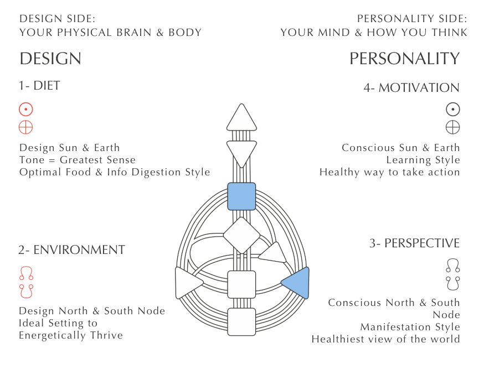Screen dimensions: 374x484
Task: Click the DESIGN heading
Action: [x=50, y=59]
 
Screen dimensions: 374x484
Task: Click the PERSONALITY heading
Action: [x=404, y=59]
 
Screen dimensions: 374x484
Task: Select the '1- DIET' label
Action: [x=39, y=86]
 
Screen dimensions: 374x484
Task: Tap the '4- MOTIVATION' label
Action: [x=411, y=88]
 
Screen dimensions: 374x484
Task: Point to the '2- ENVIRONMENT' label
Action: [x=71, y=250]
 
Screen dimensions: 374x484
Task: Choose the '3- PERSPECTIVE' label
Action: [x=415, y=243]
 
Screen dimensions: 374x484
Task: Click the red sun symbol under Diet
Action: [x=26, y=109]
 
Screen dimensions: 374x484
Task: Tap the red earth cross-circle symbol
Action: [x=26, y=127]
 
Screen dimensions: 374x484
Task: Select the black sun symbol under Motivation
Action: [x=453, y=110]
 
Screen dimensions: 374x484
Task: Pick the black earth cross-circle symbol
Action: [x=453, y=127]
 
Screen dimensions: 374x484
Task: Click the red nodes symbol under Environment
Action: [x=26, y=281]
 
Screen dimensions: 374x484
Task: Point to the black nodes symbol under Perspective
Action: [x=453, y=274]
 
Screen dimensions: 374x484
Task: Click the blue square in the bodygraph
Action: [x=241, y=196]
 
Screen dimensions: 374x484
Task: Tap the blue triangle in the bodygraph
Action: [x=297, y=282]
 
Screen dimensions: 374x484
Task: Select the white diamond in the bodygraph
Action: [x=241, y=236]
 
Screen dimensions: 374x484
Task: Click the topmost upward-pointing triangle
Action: [x=241, y=118]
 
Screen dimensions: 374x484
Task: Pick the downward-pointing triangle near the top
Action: [x=241, y=151]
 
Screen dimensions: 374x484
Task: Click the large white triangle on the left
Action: [x=187, y=282]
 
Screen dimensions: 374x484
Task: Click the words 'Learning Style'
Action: [x=423, y=160]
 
